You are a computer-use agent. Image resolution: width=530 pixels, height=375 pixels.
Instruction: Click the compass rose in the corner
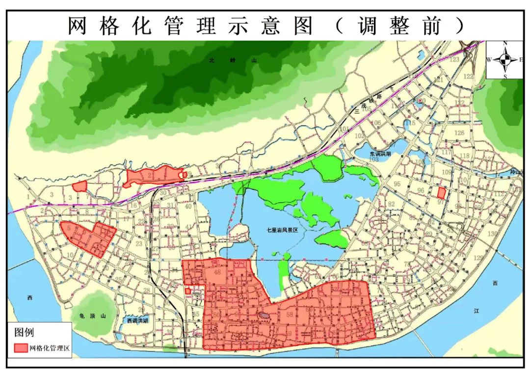point(505,60)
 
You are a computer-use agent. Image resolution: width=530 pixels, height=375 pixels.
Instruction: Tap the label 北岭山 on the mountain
point(233,60)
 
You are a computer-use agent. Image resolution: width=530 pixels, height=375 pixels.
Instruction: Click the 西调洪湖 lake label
point(138,321)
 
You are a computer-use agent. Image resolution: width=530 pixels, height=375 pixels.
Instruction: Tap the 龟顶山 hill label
point(91,317)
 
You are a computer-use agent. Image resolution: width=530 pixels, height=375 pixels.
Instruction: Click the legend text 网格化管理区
point(50,348)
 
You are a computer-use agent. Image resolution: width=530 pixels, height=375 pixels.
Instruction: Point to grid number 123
point(455,59)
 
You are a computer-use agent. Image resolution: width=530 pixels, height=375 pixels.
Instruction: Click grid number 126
point(459,133)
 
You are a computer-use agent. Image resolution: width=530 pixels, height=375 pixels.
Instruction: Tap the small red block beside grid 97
point(442,192)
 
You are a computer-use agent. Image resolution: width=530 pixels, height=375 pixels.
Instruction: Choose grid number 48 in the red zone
point(217,272)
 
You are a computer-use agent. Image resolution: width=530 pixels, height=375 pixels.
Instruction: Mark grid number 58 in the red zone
point(290,314)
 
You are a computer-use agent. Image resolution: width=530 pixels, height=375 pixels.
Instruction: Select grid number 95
point(397,184)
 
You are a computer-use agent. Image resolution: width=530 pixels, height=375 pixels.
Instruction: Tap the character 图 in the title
point(303,26)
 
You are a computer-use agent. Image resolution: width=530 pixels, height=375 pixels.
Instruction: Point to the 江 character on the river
point(476,311)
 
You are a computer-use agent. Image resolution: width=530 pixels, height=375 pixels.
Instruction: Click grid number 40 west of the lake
point(188,206)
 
